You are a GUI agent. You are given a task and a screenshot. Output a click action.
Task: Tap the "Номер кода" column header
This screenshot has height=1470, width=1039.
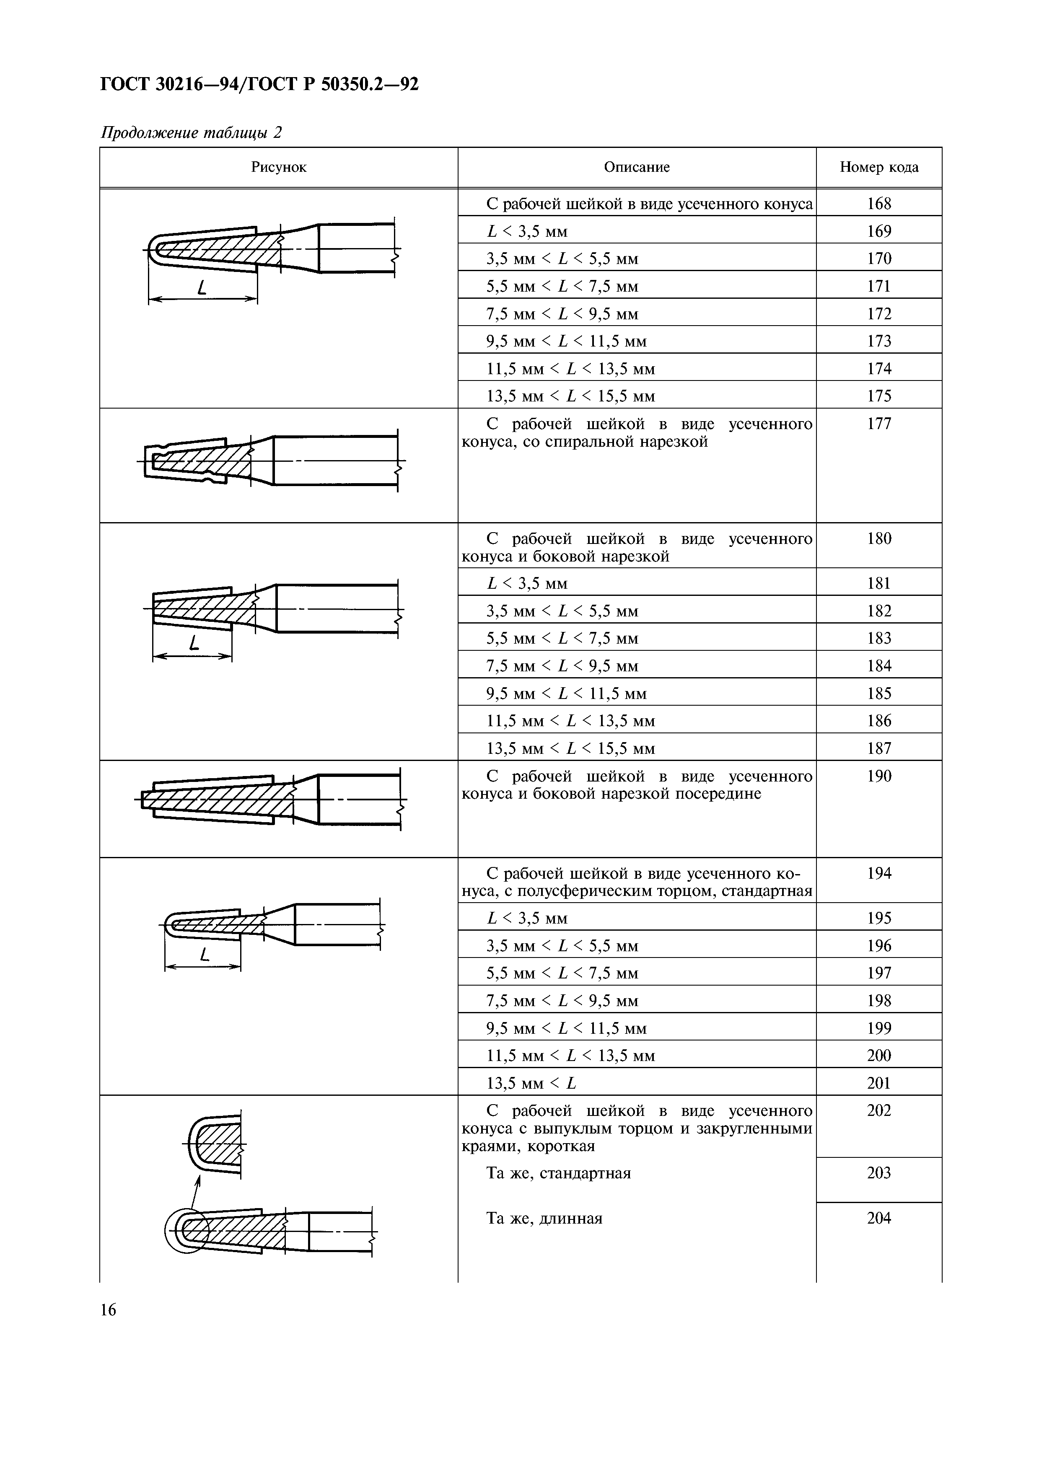pyautogui.click(x=878, y=168)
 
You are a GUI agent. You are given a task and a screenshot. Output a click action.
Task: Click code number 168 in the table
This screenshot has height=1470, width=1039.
pyautogui.click(x=878, y=204)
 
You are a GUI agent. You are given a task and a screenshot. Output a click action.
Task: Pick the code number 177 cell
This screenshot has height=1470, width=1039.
pyautogui.click(x=878, y=424)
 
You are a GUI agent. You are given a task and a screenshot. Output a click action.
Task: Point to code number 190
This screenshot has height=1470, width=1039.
pyautogui.click(x=878, y=776)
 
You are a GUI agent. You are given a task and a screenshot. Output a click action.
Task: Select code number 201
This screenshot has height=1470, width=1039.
pyautogui.click(x=878, y=1083)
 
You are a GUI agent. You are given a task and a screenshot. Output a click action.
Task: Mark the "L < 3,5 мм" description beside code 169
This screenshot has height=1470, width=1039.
pyautogui.click(x=527, y=231)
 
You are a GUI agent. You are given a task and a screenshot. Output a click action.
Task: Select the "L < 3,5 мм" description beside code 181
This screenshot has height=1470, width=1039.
pyautogui.click(x=527, y=583)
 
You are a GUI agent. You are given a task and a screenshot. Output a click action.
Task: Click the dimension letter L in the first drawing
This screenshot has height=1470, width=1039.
pyautogui.click(x=202, y=288)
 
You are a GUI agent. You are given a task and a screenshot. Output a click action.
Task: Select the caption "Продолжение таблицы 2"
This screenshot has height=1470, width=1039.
pyautogui.click(x=192, y=132)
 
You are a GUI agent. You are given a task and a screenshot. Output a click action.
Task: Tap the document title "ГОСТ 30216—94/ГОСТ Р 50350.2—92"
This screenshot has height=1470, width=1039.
pyautogui.click(x=259, y=84)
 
